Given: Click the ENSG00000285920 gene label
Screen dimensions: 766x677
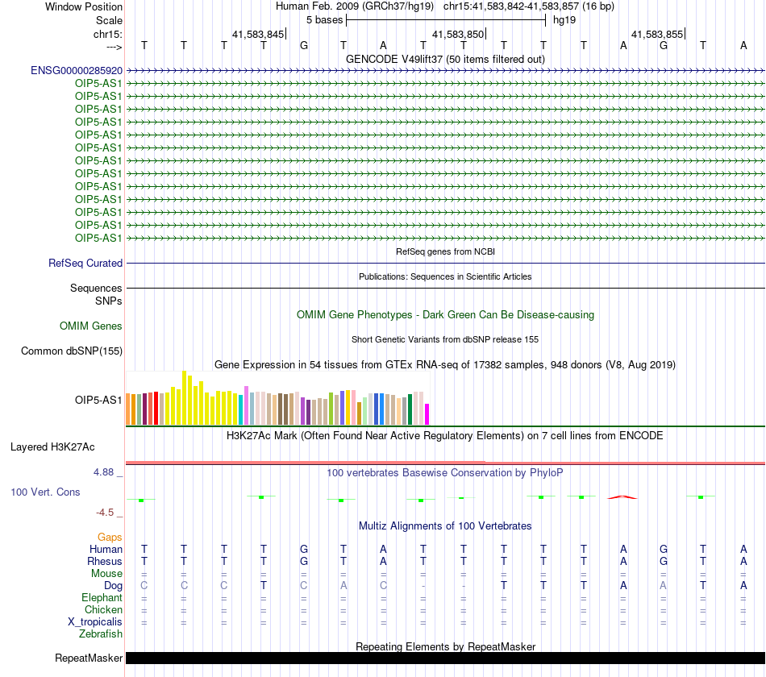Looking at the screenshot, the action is point(77,70).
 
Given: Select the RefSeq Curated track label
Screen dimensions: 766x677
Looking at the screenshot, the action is point(85,263).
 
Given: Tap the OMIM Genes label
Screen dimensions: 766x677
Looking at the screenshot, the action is point(90,326).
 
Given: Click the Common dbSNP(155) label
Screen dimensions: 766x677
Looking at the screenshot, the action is point(71,351).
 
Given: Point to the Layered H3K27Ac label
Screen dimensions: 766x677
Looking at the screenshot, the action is point(52,447).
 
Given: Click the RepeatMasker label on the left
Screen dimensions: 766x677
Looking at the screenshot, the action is point(89,658).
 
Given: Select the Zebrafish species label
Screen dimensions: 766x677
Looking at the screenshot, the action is point(101,633).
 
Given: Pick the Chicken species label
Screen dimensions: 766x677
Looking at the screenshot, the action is point(103,609).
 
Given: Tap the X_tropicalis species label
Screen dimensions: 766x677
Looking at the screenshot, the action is point(95,622).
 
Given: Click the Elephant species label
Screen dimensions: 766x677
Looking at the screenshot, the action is point(102,597).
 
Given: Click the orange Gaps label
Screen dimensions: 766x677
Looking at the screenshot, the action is point(110,538).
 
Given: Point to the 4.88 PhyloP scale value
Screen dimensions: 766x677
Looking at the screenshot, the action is point(103,472).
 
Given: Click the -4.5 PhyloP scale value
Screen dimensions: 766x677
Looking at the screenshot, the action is point(105,513).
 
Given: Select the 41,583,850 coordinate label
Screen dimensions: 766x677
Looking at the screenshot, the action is point(458,34).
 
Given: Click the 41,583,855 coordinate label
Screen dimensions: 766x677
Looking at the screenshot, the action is point(657,34).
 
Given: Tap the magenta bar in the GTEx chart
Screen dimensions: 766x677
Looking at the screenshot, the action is point(427,414).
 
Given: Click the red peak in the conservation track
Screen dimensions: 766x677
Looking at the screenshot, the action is point(622,497).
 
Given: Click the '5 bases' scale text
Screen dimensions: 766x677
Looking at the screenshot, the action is point(324,20).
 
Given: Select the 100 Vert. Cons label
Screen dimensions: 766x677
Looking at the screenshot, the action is point(45,492).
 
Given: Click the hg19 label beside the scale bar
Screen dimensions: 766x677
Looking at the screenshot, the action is point(564,20).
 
